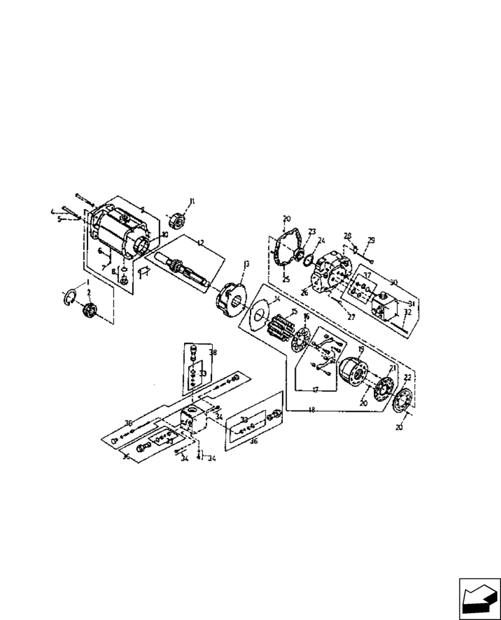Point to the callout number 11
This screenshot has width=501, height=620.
[x=192, y=201]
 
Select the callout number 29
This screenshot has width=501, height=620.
[x=371, y=240]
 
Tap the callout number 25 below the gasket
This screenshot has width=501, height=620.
[x=286, y=279]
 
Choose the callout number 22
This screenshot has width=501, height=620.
[x=407, y=378]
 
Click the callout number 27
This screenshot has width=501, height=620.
[x=350, y=316]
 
